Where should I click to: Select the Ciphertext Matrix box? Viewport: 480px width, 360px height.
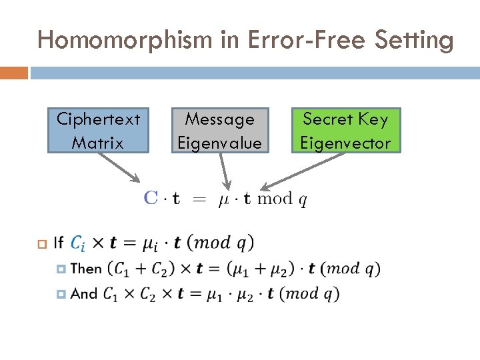pyautogui.click(x=98, y=131)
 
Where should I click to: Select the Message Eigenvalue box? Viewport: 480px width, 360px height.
pyautogui.click(x=219, y=131)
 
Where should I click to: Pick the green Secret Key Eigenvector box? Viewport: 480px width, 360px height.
pyautogui.click(x=345, y=131)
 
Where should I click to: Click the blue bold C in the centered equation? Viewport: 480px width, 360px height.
pyautogui.click(x=151, y=198)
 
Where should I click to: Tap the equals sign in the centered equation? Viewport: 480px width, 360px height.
pyautogui.click(x=199, y=199)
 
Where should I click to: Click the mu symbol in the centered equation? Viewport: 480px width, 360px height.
pyautogui.click(x=224, y=199)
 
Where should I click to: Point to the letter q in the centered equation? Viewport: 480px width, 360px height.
pyautogui.click(x=303, y=200)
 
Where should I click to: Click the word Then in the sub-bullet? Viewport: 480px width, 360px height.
pyautogui.click(x=86, y=269)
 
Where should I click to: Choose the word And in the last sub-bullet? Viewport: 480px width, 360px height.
pyautogui.click(x=84, y=293)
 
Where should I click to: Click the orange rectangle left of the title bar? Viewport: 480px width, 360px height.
pyautogui.click(x=14, y=72)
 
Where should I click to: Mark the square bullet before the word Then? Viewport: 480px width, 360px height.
pyautogui.click(x=61, y=269)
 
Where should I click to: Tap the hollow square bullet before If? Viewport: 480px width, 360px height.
pyautogui.click(x=41, y=243)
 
